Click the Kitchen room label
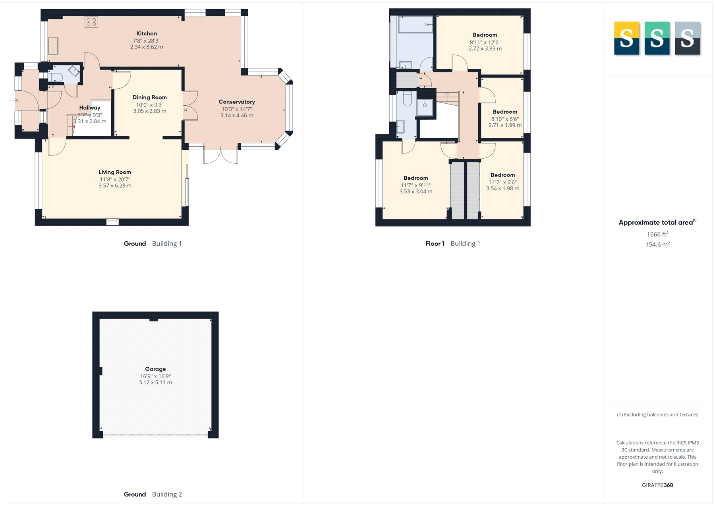click(x=147, y=33)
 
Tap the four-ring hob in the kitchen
click(x=91, y=22)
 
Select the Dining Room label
click(x=150, y=97)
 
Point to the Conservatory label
click(x=237, y=102)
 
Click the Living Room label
click(x=115, y=172)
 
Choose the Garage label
click(x=155, y=369)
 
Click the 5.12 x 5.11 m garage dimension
click(x=155, y=382)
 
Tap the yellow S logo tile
click(x=626, y=38)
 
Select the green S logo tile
click(x=657, y=38)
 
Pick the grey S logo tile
click(x=687, y=38)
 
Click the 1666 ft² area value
click(x=657, y=234)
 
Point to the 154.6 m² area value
click(x=657, y=244)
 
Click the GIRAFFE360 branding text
click(x=657, y=485)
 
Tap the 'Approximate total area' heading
click(x=656, y=223)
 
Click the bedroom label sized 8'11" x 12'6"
click(x=485, y=35)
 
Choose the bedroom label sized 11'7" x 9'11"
click(x=416, y=178)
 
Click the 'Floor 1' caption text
click(x=435, y=244)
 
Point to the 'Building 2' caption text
click(x=167, y=494)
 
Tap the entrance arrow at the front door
click(x=15, y=101)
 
